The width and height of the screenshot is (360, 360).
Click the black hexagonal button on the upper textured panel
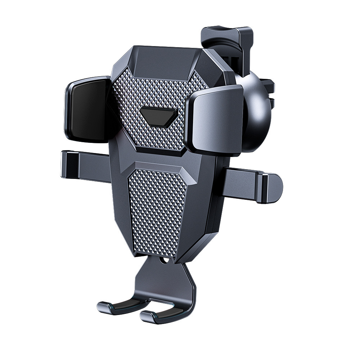158,116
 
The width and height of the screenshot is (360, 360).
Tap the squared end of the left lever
68,164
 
